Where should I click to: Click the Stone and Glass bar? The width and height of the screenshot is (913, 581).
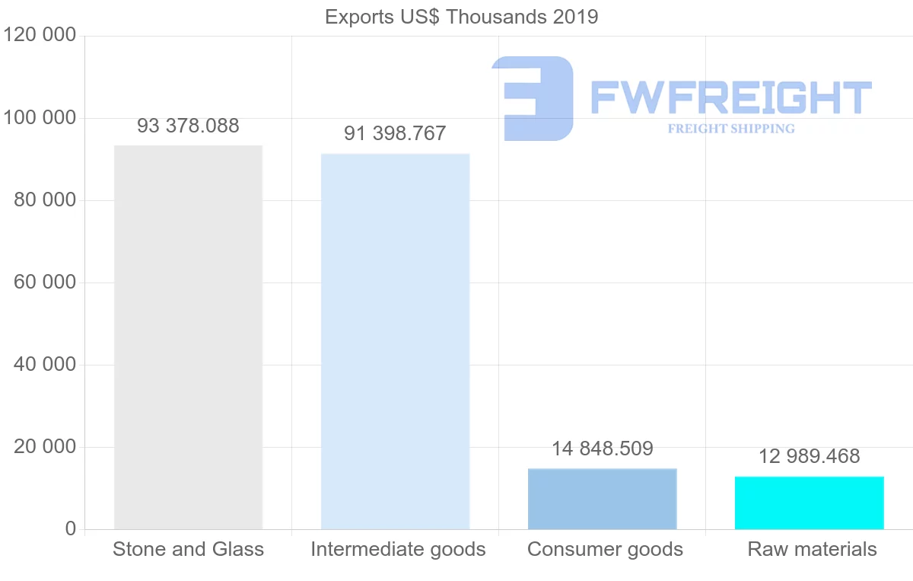188,337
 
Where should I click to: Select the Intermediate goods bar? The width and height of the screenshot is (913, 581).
395,341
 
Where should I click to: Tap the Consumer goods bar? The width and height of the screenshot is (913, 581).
602,499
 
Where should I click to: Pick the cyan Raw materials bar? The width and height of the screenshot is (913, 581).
809,503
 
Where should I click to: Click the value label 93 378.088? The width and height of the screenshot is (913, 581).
188,126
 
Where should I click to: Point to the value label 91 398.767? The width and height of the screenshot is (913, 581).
395,134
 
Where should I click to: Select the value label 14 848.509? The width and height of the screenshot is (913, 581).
602,449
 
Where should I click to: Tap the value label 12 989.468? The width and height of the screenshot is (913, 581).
809,457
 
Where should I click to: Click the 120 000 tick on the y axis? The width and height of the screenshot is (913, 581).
39,36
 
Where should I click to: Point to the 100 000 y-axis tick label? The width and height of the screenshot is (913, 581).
39,118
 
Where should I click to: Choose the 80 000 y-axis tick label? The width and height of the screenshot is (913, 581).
45,200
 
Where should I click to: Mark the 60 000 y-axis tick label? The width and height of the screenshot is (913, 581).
45,283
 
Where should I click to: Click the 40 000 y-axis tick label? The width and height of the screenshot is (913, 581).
45,365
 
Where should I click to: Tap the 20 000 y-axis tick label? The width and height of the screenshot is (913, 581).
45,447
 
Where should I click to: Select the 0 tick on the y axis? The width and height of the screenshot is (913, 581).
70,529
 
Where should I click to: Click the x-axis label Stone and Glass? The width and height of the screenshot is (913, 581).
188,550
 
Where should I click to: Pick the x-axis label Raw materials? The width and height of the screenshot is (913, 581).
812,550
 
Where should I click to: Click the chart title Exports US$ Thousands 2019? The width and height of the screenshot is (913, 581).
461,17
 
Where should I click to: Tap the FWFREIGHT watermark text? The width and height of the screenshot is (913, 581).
730,97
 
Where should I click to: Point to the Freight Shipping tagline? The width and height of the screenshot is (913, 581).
731,129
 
